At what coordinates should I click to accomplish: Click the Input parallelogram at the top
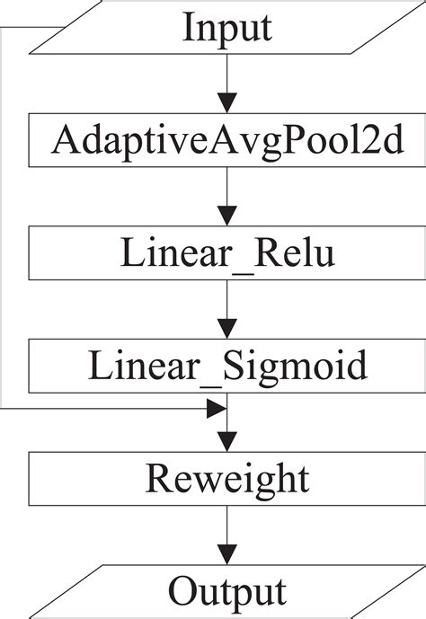(x=227, y=28)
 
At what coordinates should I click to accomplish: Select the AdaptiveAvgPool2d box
(x=227, y=139)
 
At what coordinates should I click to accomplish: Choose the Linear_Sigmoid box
(x=227, y=366)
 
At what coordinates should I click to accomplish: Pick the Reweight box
(x=227, y=479)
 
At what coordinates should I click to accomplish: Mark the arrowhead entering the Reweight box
(x=227, y=441)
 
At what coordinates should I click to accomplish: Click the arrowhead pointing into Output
(x=227, y=554)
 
